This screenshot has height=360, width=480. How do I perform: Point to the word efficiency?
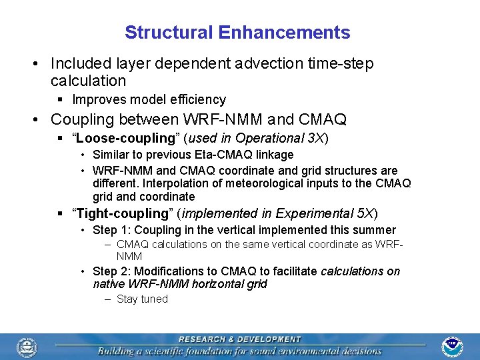(x=199, y=99)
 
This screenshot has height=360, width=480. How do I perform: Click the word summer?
(x=377, y=230)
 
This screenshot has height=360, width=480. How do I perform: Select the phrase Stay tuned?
(x=142, y=299)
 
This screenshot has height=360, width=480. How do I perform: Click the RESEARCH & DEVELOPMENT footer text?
(x=239, y=339)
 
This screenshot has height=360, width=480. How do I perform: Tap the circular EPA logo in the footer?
(x=27, y=347)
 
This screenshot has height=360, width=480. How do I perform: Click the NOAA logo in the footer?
(x=452, y=347)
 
